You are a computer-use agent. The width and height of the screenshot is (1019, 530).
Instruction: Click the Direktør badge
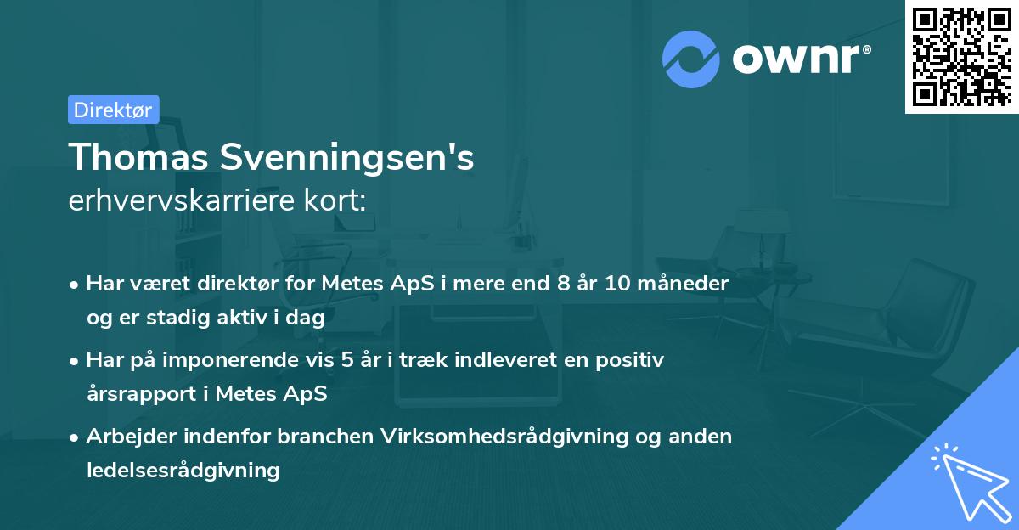pyautogui.click(x=113, y=110)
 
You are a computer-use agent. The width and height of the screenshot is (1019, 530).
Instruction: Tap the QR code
pyautogui.click(x=961, y=56)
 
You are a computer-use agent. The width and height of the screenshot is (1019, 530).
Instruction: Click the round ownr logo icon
pyautogui.click(x=691, y=59)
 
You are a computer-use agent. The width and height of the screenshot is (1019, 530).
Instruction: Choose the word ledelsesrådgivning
pyautogui.click(x=183, y=470)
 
